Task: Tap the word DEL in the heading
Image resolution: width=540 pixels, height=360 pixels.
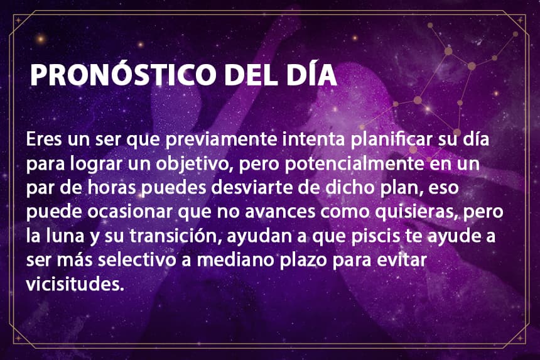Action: tap(251, 74)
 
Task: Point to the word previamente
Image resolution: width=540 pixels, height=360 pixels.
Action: tap(222, 140)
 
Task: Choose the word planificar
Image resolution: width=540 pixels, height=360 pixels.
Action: tap(392, 139)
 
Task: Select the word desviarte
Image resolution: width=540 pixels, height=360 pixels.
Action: tap(252, 188)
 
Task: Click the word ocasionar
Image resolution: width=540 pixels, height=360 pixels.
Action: tap(129, 212)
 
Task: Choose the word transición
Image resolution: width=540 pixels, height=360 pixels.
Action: tap(176, 236)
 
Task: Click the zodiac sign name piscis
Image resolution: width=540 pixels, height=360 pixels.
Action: tap(375, 237)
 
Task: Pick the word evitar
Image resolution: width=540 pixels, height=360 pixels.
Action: tap(402, 260)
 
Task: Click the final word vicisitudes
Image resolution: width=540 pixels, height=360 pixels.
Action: tap(75, 284)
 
